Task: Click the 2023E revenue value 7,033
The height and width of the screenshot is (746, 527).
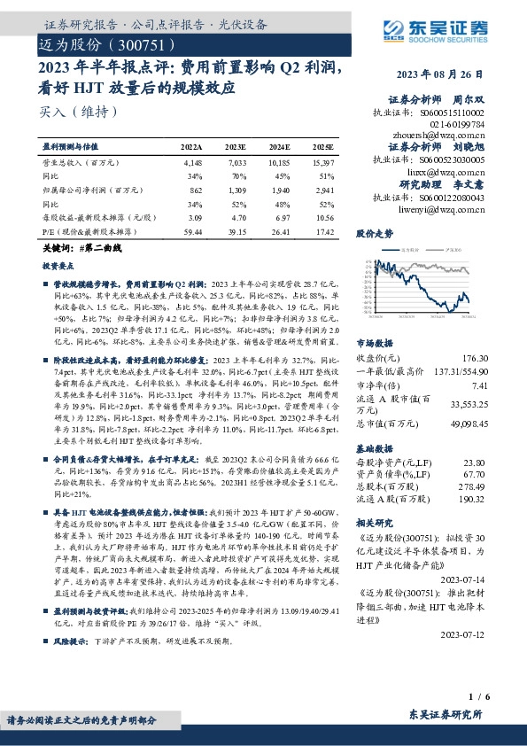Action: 236,163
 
